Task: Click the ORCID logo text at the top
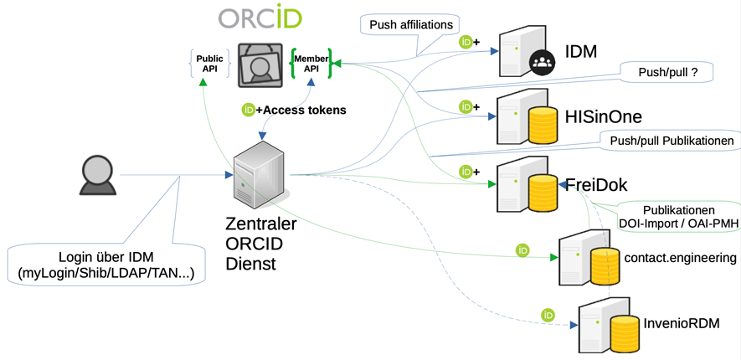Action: point(260,18)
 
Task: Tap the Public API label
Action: point(209,64)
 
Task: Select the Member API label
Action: point(311,64)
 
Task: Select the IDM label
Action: point(580,52)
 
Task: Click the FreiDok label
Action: point(596,184)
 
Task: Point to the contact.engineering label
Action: point(680,258)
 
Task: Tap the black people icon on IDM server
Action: point(542,61)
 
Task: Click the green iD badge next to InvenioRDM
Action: point(548,316)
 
